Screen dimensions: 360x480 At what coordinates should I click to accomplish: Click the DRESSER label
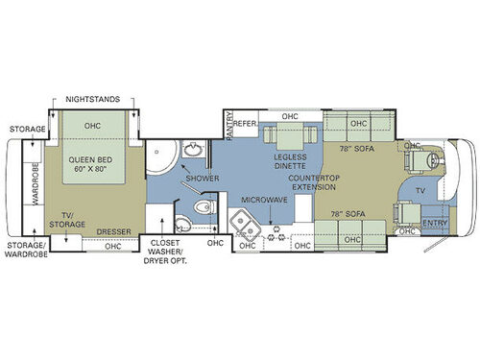point(114,230)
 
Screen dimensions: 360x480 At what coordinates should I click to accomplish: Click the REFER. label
point(246,123)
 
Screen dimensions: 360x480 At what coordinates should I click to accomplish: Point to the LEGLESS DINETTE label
point(289,162)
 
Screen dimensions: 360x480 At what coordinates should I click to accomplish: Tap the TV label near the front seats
point(420,191)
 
